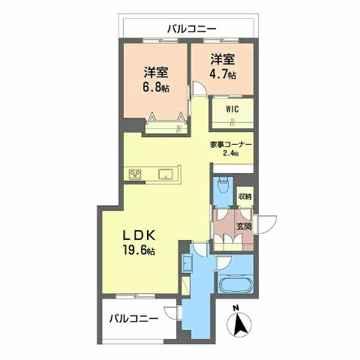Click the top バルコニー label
191,29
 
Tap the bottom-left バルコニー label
133,318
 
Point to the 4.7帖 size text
223,75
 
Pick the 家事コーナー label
230,144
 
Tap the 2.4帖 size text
230,154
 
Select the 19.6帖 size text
140,250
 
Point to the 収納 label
245,196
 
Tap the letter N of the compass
235,307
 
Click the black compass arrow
241,325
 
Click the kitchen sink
165,175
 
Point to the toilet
223,184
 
